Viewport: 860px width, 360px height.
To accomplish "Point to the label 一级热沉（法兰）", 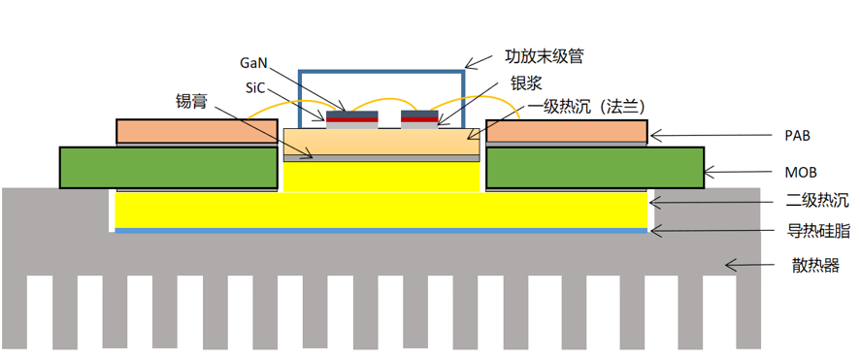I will point(588,108).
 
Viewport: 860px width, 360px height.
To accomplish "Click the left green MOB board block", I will point(167,167).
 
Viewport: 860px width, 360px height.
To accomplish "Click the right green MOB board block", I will point(594,167).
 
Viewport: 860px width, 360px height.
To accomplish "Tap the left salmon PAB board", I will point(197,131).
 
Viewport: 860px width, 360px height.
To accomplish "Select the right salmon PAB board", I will point(566,131).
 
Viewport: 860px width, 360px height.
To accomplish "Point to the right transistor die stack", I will point(419,118).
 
